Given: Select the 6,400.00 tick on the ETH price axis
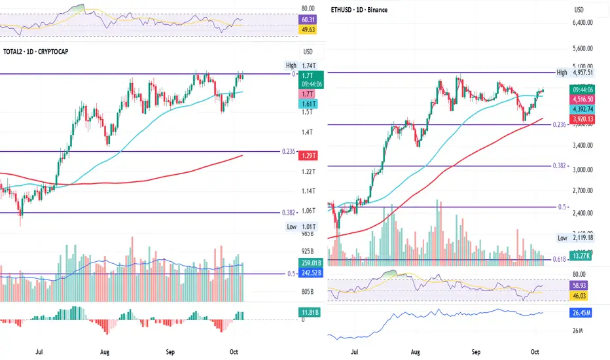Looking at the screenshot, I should (581, 22).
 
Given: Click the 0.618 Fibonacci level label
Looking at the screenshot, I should (558, 260).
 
